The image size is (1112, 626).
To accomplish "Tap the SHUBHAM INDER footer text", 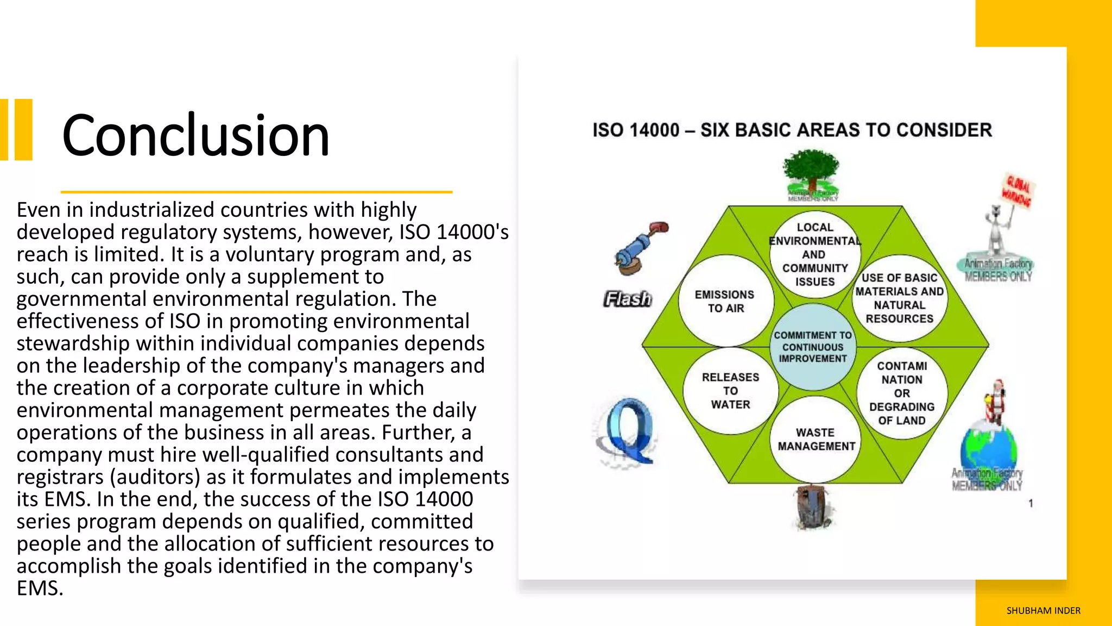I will pyautogui.click(x=1043, y=611).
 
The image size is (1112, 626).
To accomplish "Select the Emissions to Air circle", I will pyautogui.click(x=725, y=301).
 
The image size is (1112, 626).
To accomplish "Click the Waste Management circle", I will pyautogui.click(x=816, y=439).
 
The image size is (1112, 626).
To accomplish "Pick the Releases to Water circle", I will pyautogui.click(x=730, y=391).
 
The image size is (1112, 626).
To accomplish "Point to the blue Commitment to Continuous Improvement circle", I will pyautogui.click(x=813, y=347).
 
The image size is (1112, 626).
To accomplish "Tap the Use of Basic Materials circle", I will pyautogui.click(x=900, y=298).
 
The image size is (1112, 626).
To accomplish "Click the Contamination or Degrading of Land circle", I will pyautogui.click(x=902, y=393).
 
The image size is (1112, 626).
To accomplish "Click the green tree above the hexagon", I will pyautogui.click(x=812, y=171).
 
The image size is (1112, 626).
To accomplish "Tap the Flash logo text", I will pyautogui.click(x=628, y=299).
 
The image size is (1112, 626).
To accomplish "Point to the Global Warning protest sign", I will pyautogui.click(x=1016, y=192).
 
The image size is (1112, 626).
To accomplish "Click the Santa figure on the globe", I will pyautogui.click(x=995, y=402).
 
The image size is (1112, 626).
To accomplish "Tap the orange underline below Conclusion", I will pyautogui.click(x=256, y=192).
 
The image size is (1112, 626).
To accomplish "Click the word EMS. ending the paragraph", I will pyautogui.click(x=40, y=589).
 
